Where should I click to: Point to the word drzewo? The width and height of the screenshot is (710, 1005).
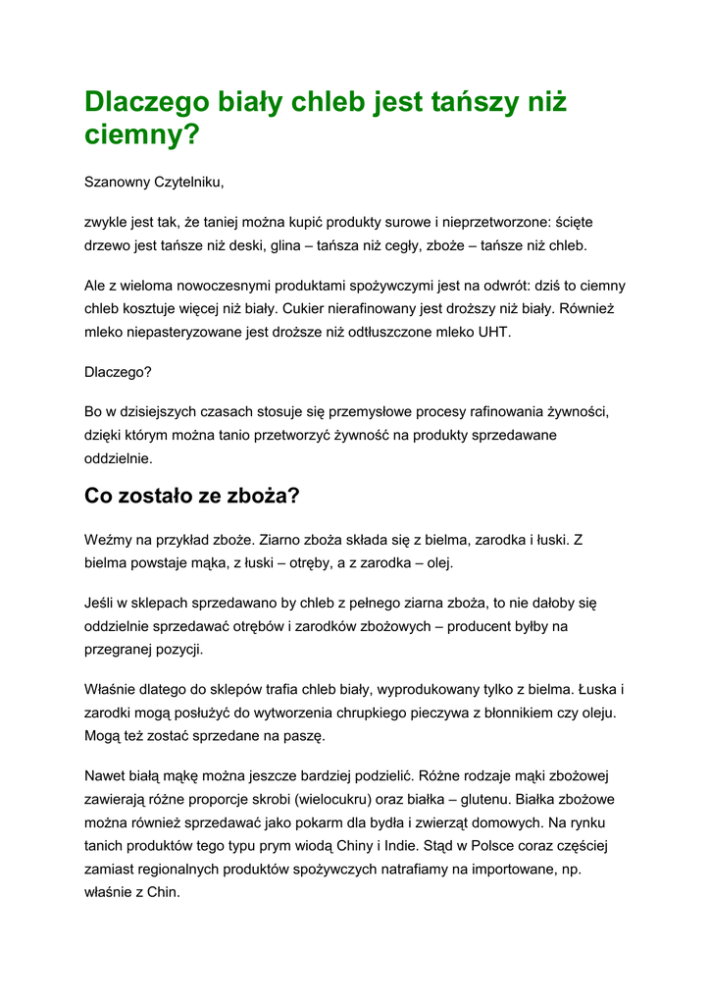coord(109,245)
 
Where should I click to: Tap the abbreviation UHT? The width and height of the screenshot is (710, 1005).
coord(494,332)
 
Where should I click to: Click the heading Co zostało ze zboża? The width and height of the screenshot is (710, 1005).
coord(191,497)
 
